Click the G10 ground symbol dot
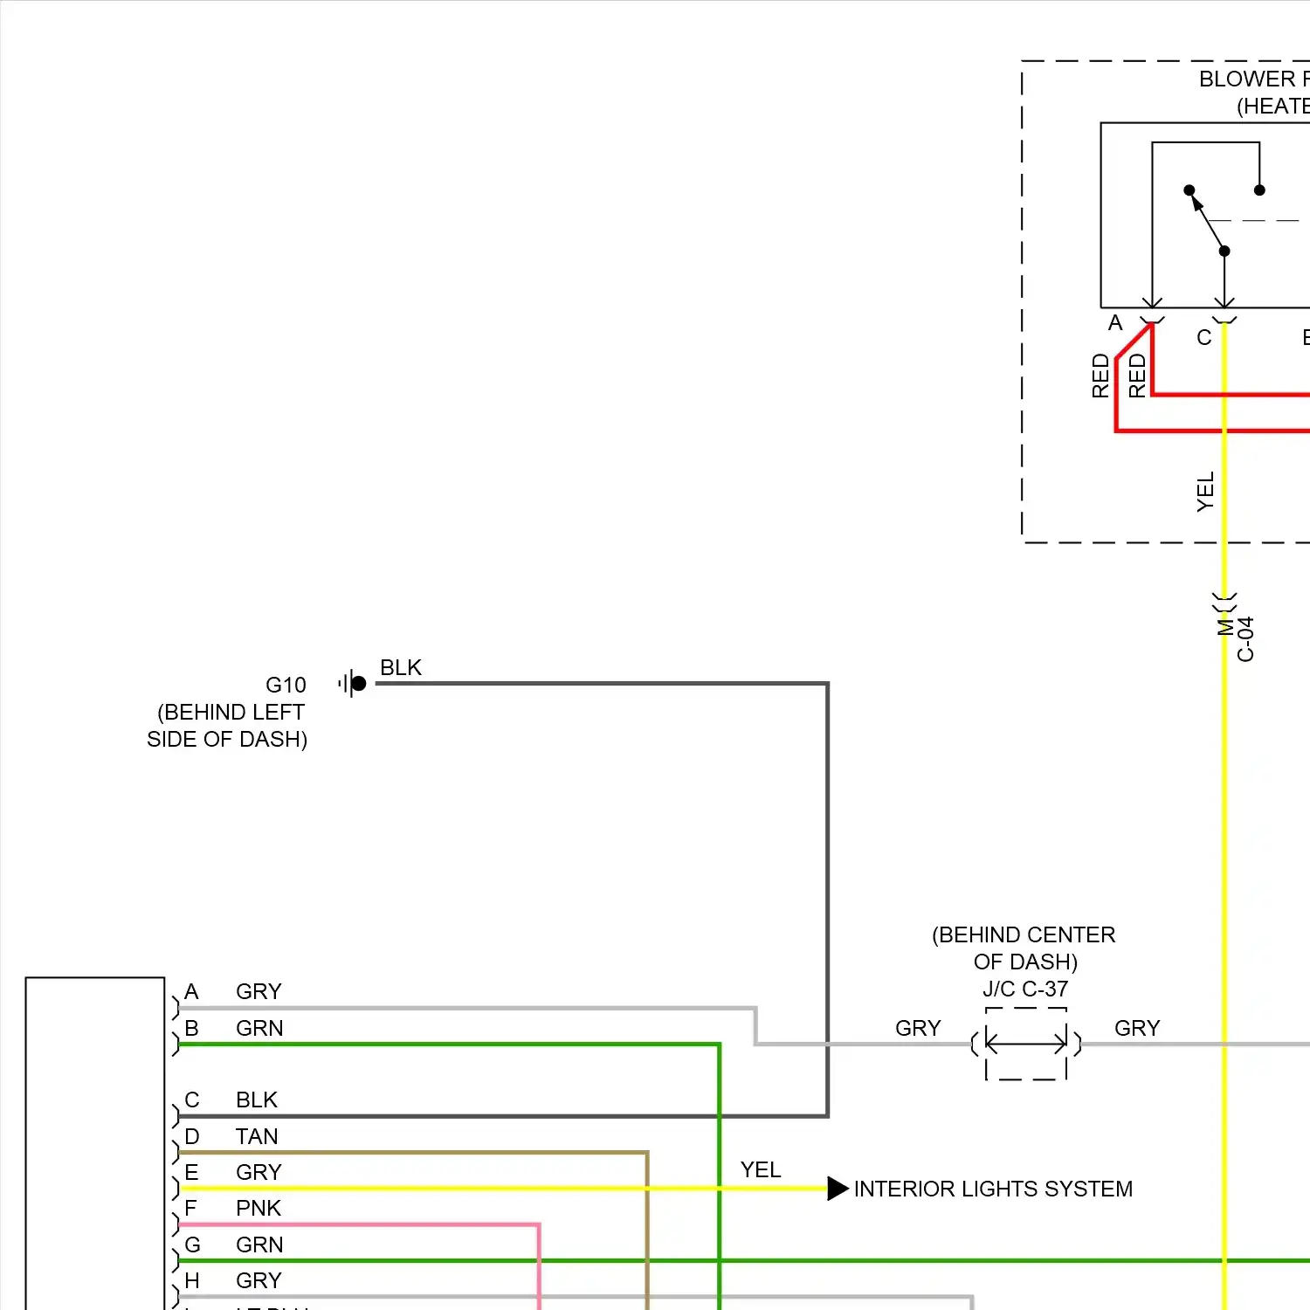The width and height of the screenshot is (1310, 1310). [358, 683]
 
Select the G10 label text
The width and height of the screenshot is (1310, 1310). [286, 685]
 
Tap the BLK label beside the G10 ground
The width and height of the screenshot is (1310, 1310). [401, 667]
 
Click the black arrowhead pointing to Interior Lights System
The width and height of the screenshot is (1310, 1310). [838, 1189]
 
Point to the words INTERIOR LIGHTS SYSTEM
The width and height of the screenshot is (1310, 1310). [993, 1189]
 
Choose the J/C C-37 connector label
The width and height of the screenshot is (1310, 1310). [1025, 989]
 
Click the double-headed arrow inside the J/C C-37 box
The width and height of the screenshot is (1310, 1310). [1026, 1043]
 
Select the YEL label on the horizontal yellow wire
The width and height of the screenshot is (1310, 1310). [761, 1169]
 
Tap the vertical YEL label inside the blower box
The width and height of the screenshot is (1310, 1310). [1205, 492]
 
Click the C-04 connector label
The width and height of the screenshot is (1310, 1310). [1245, 639]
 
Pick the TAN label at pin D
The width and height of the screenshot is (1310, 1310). [257, 1136]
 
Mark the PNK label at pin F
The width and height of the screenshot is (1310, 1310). [259, 1208]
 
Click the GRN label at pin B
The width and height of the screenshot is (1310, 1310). [259, 1028]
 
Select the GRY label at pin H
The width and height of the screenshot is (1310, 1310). [259, 1280]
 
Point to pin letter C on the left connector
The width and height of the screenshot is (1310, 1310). [192, 1100]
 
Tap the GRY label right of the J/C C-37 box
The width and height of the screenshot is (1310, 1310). [1137, 1028]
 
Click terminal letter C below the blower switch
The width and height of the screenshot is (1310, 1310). [1203, 337]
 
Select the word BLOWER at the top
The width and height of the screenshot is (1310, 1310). [1247, 79]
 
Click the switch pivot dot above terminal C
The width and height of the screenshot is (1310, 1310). [1224, 252]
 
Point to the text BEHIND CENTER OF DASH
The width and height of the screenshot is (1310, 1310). [1024, 948]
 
